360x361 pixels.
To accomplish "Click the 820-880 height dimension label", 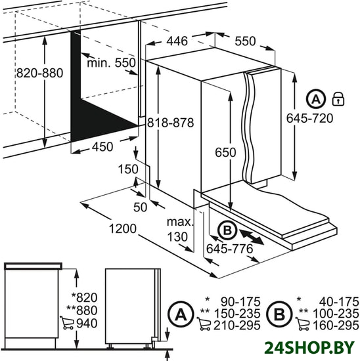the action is tap(39, 73).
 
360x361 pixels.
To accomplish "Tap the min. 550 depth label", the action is tap(111, 62).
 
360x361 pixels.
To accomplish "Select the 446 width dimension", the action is tap(177, 41).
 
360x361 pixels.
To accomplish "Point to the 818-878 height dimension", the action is tap(171, 123).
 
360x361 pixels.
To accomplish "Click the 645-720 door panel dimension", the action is tap(310, 118).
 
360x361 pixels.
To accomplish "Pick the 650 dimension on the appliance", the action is tap(225, 152).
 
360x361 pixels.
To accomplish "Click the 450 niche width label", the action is tap(102, 146).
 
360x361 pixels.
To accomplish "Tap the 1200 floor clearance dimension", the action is tap(123, 228).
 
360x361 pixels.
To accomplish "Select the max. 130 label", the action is tap(179, 230).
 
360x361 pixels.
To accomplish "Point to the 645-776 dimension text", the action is tap(229, 249).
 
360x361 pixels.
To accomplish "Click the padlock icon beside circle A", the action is tap(338, 99).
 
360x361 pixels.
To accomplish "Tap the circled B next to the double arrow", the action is tap(227, 230).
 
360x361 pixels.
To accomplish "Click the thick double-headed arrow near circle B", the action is tap(252, 236).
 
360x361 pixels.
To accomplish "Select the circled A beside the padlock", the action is tap(316, 99).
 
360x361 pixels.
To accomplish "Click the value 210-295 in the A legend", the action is tap(237, 326).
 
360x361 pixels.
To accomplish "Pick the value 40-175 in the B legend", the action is tap(339, 302).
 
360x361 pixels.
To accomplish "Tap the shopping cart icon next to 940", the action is tap(67, 323).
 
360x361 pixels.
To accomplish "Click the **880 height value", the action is tap(82, 310).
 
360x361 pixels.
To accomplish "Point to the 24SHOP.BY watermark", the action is tap(309, 348).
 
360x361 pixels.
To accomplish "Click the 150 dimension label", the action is tap(128, 169).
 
